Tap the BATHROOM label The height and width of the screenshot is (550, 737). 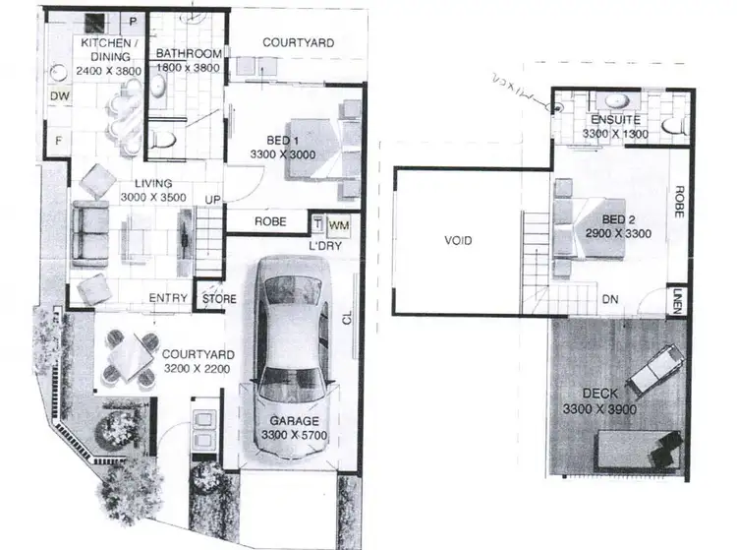pyautogui.click(x=187, y=59)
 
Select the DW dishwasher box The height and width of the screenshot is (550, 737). pyautogui.click(x=58, y=96)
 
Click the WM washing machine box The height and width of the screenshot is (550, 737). pyautogui.click(x=338, y=224)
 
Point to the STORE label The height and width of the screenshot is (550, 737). pyautogui.click(x=216, y=299)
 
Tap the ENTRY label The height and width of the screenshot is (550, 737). pyautogui.click(x=168, y=299)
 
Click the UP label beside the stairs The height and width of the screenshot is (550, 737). pyautogui.click(x=210, y=201)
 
